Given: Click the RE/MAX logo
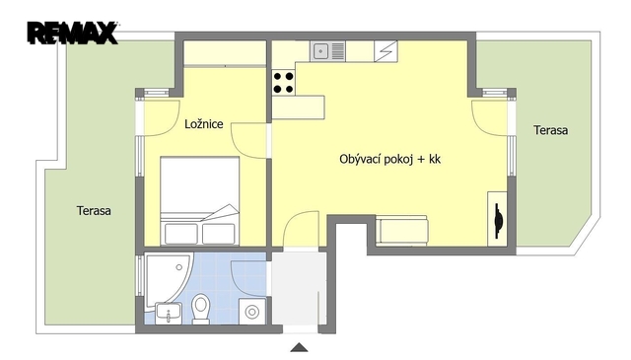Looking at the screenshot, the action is tap(72, 33).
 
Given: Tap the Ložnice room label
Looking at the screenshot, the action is tap(204, 123).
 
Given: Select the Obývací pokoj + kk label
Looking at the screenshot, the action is tap(390, 159).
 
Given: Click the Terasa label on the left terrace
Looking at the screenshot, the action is tap(94, 211).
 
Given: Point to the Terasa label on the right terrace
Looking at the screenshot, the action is tap(550, 130).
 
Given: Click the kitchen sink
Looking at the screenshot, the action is tap(327, 51).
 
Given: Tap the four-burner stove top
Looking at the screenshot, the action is tap(283, 83).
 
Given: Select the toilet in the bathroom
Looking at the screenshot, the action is tap(200, 309).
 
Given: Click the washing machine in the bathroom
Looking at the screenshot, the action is tap(252, 311).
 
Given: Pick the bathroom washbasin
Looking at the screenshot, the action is tap(169, 313).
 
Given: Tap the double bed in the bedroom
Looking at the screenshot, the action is tap(200, 201).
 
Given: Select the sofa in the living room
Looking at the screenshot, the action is tap(401, 231).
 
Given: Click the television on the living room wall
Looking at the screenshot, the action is tap(498, 220).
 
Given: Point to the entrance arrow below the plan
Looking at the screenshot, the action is tap(299, 347).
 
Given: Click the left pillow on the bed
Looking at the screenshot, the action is tap(181, 234).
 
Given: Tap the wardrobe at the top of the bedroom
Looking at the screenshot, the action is tap(225, 53).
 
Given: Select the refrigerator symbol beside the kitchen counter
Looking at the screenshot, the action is tap(386, 51).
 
